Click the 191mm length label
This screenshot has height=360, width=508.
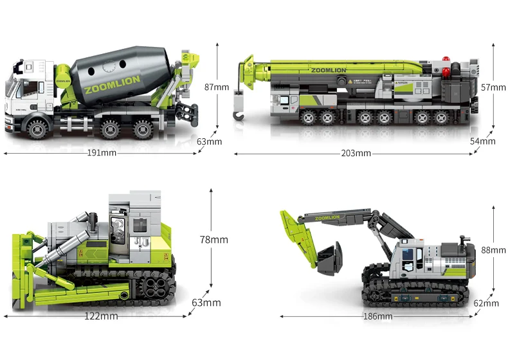(x=102, y=153)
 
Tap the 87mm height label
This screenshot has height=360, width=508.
(x=216, y=87)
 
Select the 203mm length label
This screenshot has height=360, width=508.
(x=356, y=153)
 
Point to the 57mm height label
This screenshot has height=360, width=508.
(x=493, y=87)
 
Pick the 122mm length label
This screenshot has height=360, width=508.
(x=102, y=316)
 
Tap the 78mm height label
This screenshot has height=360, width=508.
(x=213, y=240)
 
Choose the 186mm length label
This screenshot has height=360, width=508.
(x=377, y=316)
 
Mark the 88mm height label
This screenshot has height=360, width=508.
(x=493, y=250)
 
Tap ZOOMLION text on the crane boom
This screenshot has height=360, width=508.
(x=328, y=70)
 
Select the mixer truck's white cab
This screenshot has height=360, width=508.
(x=29, y=90)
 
